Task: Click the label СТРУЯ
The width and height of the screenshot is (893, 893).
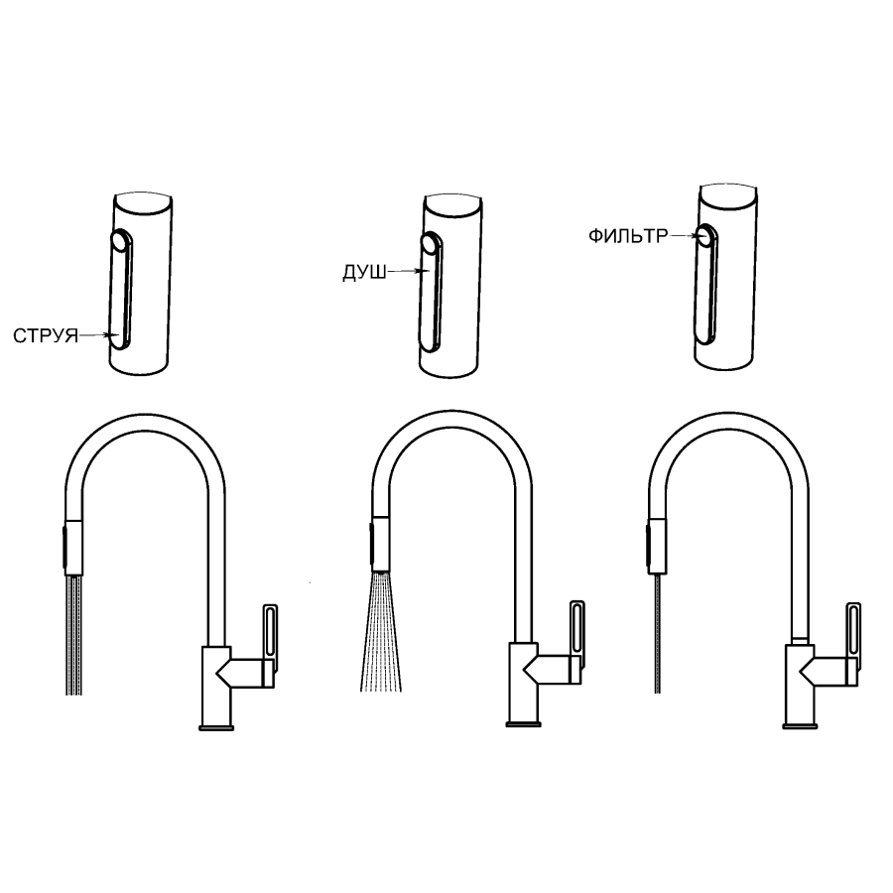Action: pos(46,336)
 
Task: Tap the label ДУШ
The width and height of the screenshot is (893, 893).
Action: pos(364,272)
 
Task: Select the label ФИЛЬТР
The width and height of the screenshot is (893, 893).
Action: pos(628,236)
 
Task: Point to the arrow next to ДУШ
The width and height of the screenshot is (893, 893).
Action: pos(407,272)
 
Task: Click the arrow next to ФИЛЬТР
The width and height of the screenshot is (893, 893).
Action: pos(683,235)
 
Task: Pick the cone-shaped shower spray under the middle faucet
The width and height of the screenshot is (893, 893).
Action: pos(380,632)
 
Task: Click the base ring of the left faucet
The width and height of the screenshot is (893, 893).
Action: pos(216,728)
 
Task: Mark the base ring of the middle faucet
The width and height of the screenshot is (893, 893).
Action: pos(523,724)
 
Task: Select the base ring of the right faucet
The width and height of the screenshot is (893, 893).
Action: pos(800,725)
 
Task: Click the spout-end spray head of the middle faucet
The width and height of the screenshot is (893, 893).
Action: pos(379,545)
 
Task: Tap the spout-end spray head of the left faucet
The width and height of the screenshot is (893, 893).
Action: pos(72,548)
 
